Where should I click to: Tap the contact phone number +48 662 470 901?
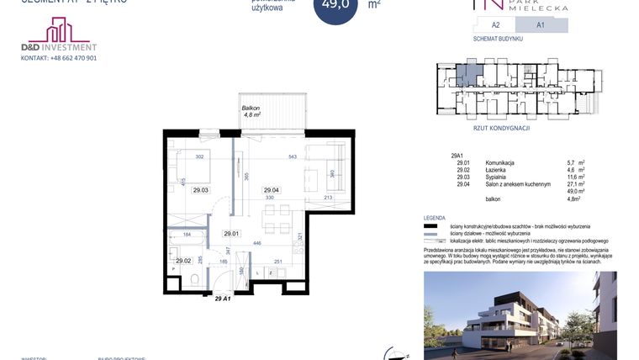[x=60, y=58]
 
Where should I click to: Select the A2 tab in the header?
[x=496, y=25]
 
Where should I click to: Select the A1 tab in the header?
[x=540, y=25]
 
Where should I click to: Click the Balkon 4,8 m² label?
[x=251, y=111]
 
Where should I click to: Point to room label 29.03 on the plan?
[x=200, y=190]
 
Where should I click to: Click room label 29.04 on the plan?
[x=271, y=190]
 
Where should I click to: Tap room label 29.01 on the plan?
[x=231, y=234]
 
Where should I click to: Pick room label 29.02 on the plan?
[x=183, y=261]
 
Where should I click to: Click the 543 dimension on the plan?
[x=293, y=156]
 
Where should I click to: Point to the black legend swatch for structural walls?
[x=432, y=226]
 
